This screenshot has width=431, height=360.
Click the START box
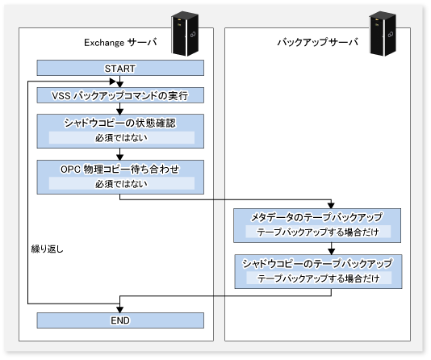tap(120, 68)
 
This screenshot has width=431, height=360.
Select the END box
tap(120, 320)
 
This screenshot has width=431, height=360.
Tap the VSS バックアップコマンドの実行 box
tap(120, 95)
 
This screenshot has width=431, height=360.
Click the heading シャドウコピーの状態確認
tap(119, 123)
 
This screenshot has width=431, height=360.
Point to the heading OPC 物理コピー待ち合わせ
tap(119, 169)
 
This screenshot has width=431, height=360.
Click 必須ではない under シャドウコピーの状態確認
tap(121, 138)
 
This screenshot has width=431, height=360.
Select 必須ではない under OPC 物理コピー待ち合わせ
tap(121, 184)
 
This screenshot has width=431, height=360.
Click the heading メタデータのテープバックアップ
tap(317, 217)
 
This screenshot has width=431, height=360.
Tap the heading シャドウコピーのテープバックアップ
tap(317, 263)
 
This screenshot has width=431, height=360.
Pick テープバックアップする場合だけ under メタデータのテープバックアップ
tap(318, 232)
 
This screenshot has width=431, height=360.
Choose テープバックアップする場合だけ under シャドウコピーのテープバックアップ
tap(319, 278)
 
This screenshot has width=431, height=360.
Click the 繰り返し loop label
tap(48, 249)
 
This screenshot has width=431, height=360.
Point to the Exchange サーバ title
tap(120, 42)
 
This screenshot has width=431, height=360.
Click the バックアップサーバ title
tap(317, 42)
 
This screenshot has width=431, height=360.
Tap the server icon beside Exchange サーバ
tap(185, 34)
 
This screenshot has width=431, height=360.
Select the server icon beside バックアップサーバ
tap(383, 34)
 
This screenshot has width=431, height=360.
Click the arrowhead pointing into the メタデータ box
tap(331, 205)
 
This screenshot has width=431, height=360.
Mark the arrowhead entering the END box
tap(119, 309)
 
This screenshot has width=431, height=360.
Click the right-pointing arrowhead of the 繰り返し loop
tap(113, 82)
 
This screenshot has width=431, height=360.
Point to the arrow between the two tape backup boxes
tap(331, 249)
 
